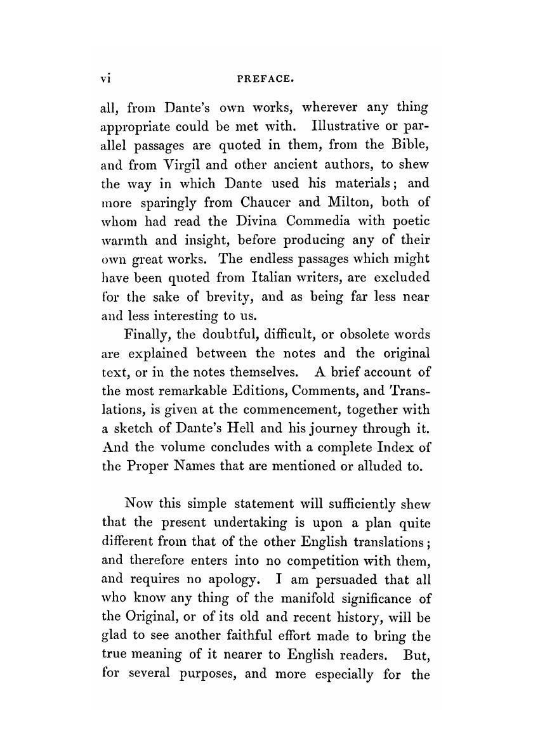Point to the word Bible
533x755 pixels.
pyautogui.click(x=404, y=150)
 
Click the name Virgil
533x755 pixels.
pyautogui.click(x=176, y=167)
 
